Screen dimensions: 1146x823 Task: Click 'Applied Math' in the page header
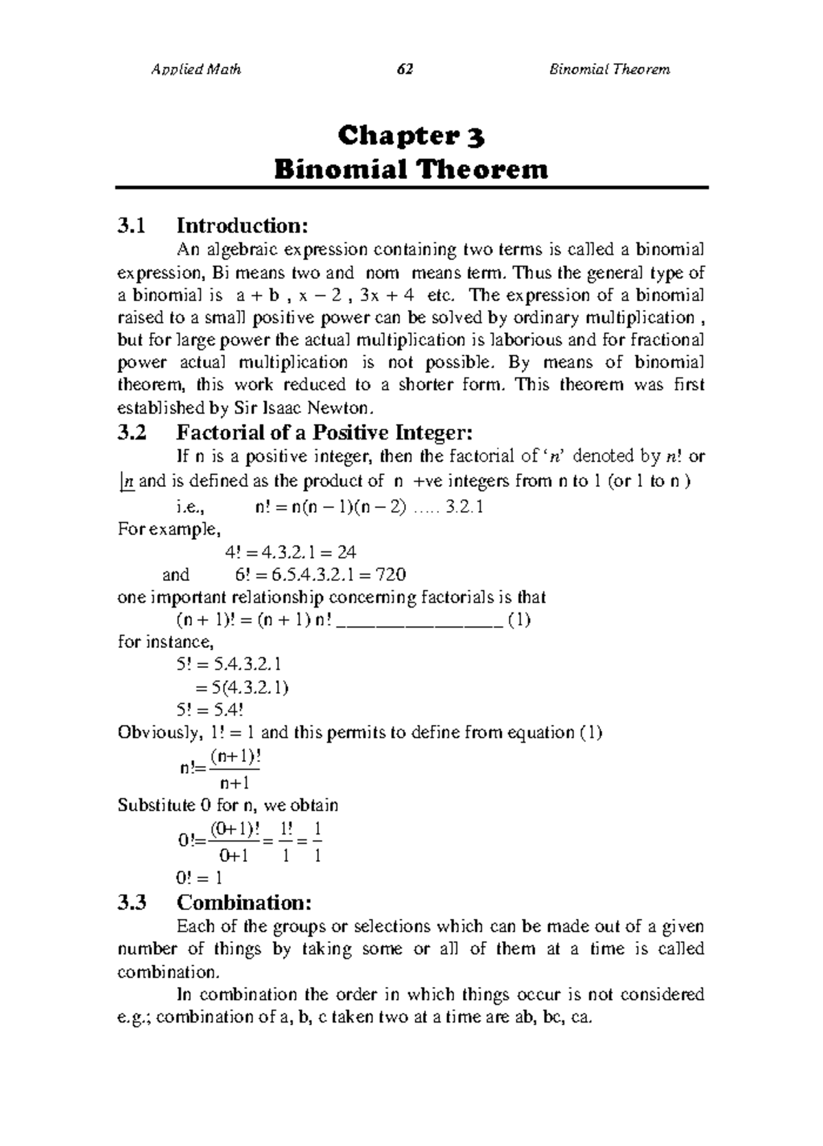[195, 69]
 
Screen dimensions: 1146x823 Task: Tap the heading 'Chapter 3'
[411, 136]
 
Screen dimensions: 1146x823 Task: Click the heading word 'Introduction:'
[239, 225]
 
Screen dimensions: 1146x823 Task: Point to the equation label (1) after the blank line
[518, 620]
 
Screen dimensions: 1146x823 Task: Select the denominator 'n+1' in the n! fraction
[234, 783]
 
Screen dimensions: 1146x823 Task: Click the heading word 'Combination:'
[243, 902]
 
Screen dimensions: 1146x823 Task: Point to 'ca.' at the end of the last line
[580, 1017]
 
